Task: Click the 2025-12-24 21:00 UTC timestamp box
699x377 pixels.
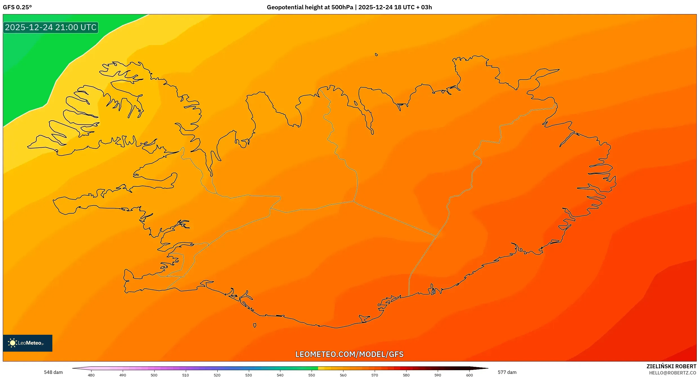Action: [x=51, y=27]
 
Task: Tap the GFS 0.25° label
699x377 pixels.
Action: [x=17, y=7]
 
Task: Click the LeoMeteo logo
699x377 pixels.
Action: [x=28, y=343]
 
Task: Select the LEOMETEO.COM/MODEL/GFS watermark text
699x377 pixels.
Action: [x=349, y=354]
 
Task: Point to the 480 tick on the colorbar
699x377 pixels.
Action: [x=91, y=375]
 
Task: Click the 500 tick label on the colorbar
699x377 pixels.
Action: [x=154, y=375]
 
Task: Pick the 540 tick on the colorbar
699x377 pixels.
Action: [x=280, y=375]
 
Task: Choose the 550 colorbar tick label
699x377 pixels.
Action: [x=312, y=375]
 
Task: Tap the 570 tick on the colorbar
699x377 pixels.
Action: [x=375, y=375]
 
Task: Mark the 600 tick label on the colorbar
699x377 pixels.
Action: [x=469, y=375]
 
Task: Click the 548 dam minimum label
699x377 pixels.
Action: [x=53, y=372]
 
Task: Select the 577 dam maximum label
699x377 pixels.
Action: [x=507, y=372]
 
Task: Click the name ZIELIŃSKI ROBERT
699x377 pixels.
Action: [x=671, y=366]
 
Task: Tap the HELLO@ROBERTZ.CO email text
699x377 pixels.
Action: [x=673, y=373]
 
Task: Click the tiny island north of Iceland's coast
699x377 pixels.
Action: [x=376, y=55]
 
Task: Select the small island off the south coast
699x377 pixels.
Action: [x=254, y=325]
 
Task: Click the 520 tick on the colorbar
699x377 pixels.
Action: [x=217, y=375]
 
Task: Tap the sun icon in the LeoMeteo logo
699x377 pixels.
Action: [x=13, y=343]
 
